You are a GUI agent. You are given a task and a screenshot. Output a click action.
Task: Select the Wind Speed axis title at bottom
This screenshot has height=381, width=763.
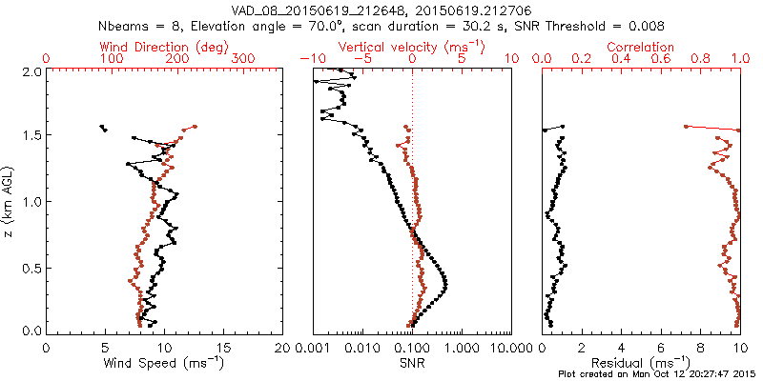click(164, 363)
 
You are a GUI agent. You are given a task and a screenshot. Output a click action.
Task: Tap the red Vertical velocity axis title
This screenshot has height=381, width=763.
click(411, 47)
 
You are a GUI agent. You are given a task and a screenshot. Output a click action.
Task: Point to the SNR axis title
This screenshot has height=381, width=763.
click(411, 363)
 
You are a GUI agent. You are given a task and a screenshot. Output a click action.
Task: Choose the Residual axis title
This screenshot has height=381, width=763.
click(642, 363)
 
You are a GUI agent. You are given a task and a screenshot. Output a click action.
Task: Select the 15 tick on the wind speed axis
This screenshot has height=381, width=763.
click(224, 348)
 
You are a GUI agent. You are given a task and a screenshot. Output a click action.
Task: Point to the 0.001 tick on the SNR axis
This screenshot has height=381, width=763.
click(313, 348)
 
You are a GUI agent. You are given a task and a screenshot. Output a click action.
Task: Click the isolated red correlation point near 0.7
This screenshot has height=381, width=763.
click(685, 126)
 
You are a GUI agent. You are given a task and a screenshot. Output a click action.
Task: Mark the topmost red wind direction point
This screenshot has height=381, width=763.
click(195, 126)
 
